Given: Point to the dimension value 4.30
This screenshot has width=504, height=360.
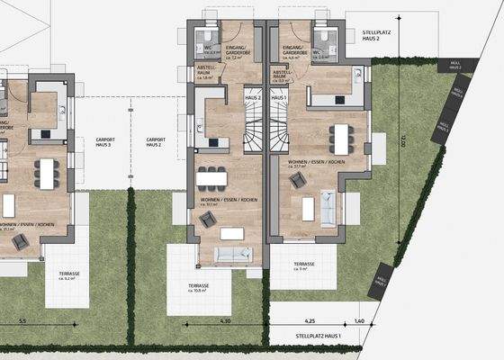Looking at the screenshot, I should point(226,320).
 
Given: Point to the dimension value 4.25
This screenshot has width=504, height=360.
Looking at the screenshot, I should point(310,320).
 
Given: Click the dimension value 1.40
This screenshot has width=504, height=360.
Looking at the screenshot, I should point(359,320).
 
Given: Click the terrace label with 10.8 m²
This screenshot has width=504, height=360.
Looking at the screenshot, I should point(199,287).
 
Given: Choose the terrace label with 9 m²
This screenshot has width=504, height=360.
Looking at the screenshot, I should point(304,266).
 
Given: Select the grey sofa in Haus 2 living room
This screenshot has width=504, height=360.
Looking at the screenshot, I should point(233,254).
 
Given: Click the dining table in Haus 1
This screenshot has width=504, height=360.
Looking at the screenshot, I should point(340,138).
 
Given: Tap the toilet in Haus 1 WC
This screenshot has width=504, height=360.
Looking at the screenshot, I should point(319,37).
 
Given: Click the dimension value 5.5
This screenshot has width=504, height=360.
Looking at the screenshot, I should point(23,320).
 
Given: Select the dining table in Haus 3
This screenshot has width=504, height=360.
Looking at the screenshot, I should point(46,174).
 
